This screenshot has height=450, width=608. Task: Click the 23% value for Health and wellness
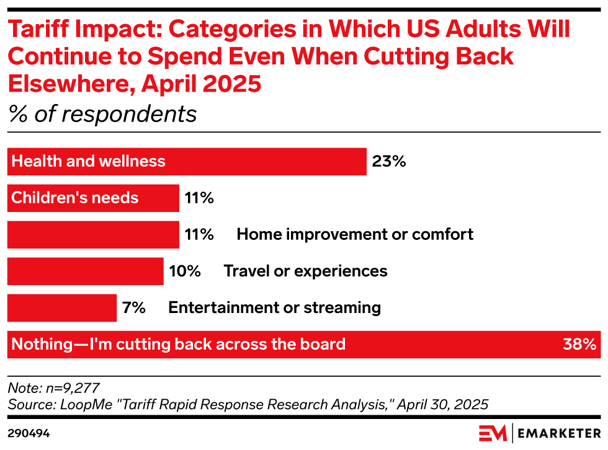click(x=388, y=162)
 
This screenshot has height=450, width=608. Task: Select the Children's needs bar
click(x=93, y=198)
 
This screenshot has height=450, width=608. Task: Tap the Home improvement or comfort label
click(x=354, y=234)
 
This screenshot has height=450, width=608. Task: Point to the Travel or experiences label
click(x=305, y=271)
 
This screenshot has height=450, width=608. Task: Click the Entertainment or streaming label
click(x=274, y=307)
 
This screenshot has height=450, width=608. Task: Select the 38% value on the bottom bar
click(x=579, y=345)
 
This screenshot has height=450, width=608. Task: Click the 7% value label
click(x=133, y=307)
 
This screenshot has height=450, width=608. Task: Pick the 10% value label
click(x=185, y=271)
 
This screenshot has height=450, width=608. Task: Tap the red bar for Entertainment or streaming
click(x=61, y=308)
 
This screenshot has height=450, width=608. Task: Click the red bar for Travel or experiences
click(x=85, y=271)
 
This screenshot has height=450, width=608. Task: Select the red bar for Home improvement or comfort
click(x=93, y=235)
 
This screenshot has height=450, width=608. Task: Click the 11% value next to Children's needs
click(x=199, y=198)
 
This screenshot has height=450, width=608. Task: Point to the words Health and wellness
click(x=89, y=162)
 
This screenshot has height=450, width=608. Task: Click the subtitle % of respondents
click(x=102, y=114)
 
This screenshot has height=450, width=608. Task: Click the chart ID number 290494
click(x=29, y=433)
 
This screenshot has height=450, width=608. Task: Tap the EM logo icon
click(x=493, y=432)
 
